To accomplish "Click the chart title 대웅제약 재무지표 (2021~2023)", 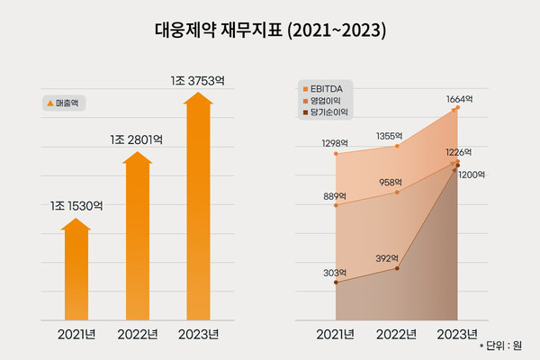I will (x=270, y=31).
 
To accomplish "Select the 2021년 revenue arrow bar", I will (x=76, y=270).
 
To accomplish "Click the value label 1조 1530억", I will (x=76, y=206).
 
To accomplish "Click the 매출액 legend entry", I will (x=64, y=103).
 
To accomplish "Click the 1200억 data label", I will (x=471, y=175).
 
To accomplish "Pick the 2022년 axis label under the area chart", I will (x=397, y=335).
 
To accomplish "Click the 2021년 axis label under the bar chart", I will (x=76, y=335).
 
